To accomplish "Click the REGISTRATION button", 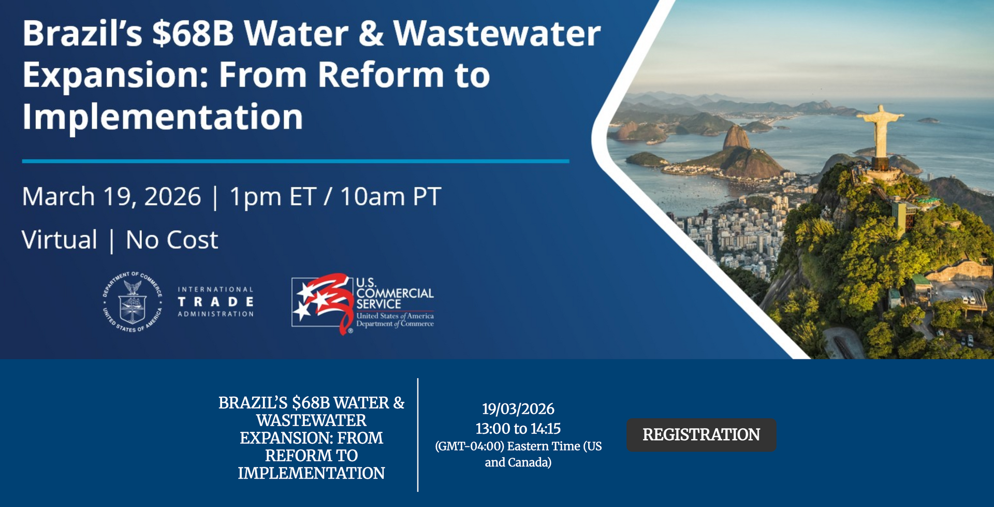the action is coord(701,434).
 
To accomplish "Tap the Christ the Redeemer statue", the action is coord(880,132).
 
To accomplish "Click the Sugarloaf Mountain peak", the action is coord(736,137).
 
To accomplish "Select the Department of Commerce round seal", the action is coord(133,301).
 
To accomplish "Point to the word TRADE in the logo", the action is coord(216,301).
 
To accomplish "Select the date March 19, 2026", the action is coord(111,197).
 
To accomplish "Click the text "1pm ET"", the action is coord(273,197).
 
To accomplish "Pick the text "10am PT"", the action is coord(390,197).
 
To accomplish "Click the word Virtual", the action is coord(60,240).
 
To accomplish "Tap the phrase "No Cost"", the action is coord(172,240).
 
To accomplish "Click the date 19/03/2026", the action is coord(518,409).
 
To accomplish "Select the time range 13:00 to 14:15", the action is coord(518,429).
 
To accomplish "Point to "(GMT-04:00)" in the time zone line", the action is coord(470,446).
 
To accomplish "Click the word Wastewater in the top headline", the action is coord(497,34).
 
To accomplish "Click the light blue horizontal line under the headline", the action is coord(296,162).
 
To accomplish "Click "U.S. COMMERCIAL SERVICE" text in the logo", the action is coord(394,294).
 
